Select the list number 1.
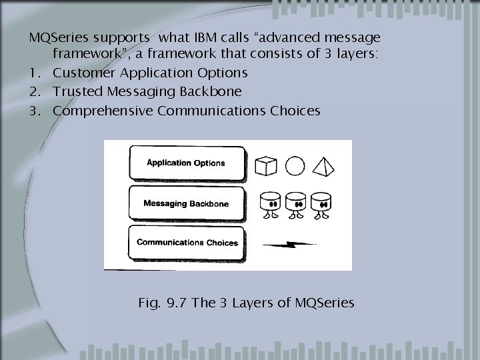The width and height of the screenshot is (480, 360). pyautogui.click(x=33, y=72)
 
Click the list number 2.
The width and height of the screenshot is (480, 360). pyautogui.click(x=33, y=91)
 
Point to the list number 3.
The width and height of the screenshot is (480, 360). pyautogui.click(x=33, y=111)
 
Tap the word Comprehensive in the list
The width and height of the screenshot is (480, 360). pyautogui.click(x=102, y=111)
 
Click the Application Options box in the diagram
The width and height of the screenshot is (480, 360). pyautogui.click(x=186, y=163)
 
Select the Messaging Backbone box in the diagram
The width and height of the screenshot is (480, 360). pyautogui.click(x=186, y=202)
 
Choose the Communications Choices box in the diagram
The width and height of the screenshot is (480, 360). pyautogui.click(x=187, y=243)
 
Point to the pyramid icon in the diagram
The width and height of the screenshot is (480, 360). pyautogui.click(x=323, y=163)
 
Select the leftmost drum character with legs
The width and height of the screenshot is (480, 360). pyautogui.click(x=270, y=204)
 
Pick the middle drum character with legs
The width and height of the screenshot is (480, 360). pyautogui.click(x=295, y=204)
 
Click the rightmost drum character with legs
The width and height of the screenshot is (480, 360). pyautogui.click(x=321, y=204)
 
